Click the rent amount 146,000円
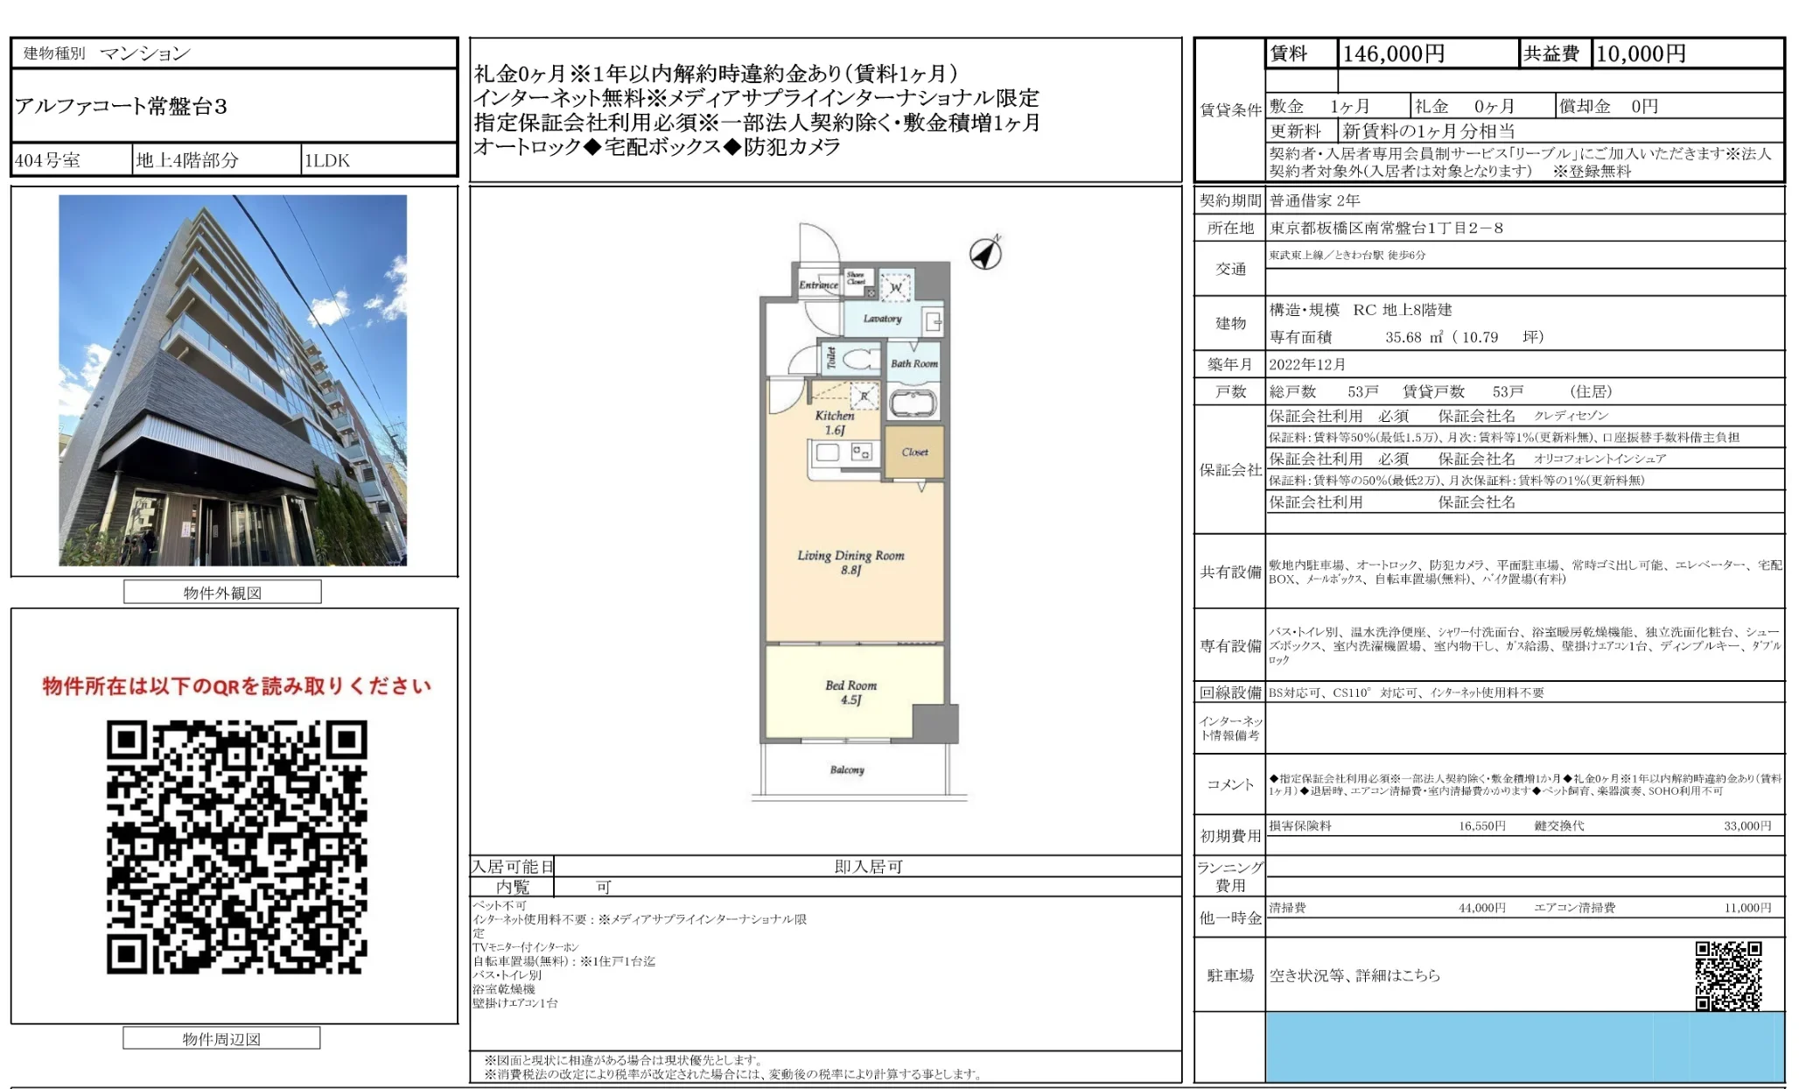pos(1393,54)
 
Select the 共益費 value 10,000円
pos(1641,54)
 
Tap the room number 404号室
pos(48,160)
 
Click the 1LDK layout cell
pos(327,160)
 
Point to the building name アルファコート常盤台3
pos(122,107)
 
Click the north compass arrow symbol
pos(986,254)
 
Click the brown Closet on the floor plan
pos(914,452)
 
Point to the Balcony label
pos(847,769)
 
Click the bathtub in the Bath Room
pos(913,404)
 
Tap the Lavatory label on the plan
pos(882,319)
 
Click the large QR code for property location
pos(236,847)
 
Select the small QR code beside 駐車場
pos(1728,975)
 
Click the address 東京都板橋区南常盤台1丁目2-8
pos(1386,228)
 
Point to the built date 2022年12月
pos(1307,364)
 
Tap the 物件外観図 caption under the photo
pos(222,593)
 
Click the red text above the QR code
pos(236,686)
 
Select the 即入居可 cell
pos(868,867)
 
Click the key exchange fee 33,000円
pos(1746,826)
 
